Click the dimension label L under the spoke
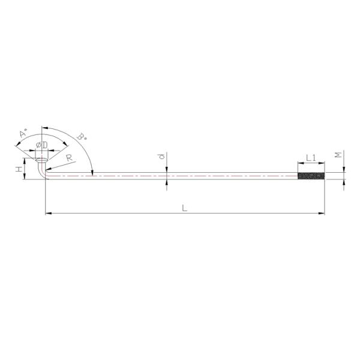pyautogui.click(x=185, y=207)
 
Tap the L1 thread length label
pyautogui.click(x=311, y=157)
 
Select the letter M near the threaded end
pyautogui.click(x=340, y=155)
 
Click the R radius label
pyautogui.click(x=70, y=158)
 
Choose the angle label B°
pyautogui.click(x=82, y=137)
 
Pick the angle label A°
pyautogui.click(x=23, y=133)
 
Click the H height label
pyautogui.click(x=19, y=170)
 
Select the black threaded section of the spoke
pyautogui.click(x=311, y=176)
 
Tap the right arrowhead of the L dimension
pyautogui.click(x=322, y=212)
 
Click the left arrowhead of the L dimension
pyautogui.click(x=48, y=212)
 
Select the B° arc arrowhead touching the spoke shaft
pyautogui.click(x=92, y=173)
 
